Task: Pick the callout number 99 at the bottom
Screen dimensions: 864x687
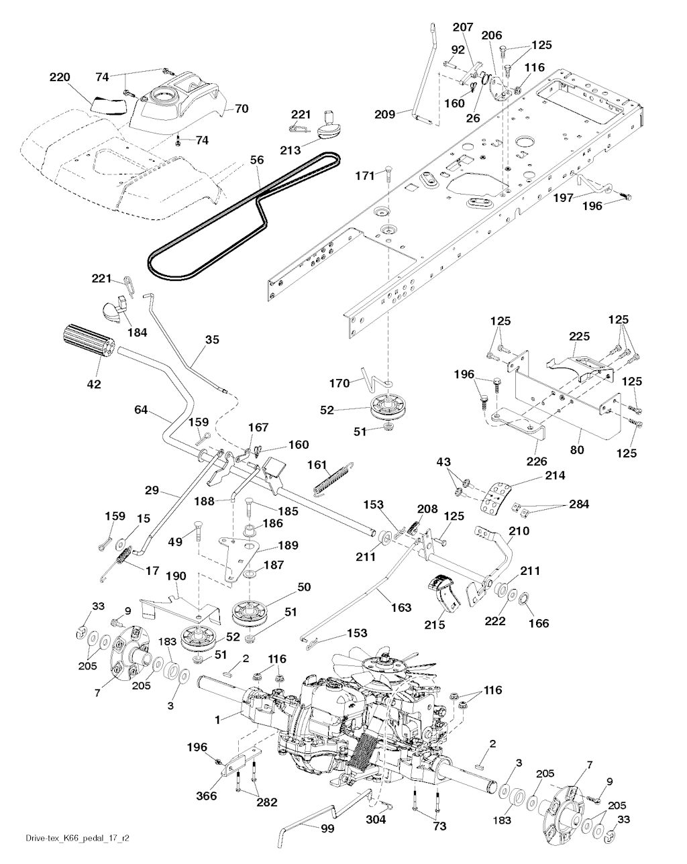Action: [327, 829]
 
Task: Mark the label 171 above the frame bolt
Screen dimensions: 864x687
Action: [365, 175]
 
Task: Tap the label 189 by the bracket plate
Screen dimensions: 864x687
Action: [288, 545]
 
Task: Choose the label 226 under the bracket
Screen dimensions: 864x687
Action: [537, 462]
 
